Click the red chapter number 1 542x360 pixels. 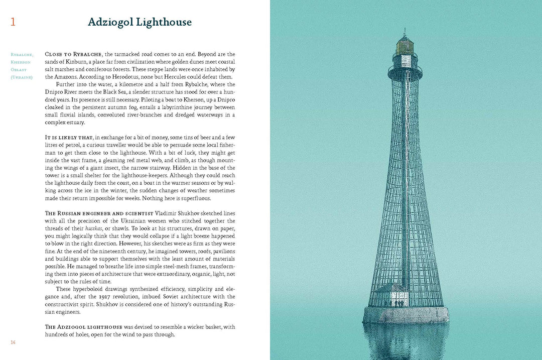(13, 22)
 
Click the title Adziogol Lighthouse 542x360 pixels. (140, 22)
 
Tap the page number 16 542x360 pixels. (13, 342)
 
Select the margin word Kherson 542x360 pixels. (22, 62)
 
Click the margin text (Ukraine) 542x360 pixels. (22, 77)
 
